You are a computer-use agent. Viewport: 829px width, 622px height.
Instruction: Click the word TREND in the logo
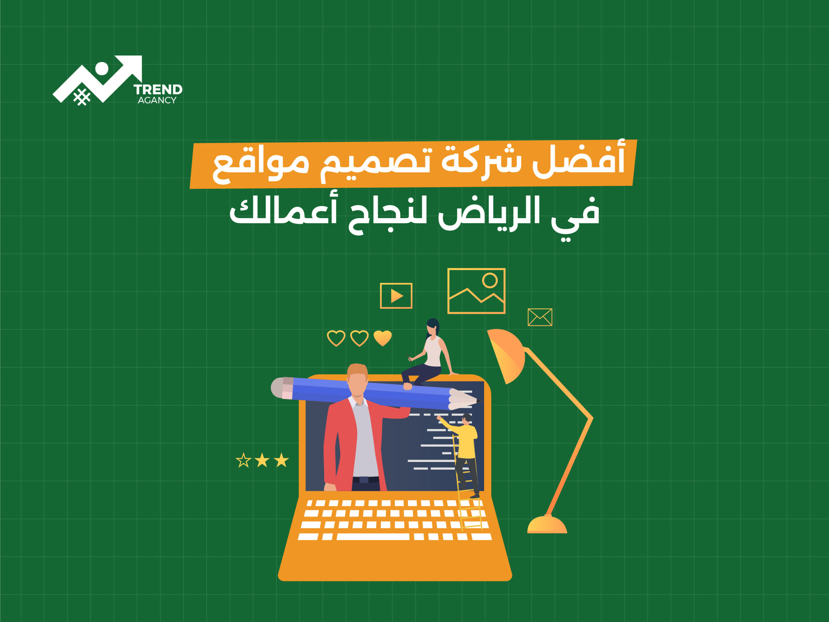pyautogui.click(x=158, y=90)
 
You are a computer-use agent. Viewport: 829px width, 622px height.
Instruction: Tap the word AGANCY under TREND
pyautogui.click(x=157, y=100)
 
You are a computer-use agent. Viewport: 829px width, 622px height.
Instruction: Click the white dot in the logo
pyautogui.click(x=102, y=69)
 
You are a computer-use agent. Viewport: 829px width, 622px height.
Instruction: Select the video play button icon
pyautogui.click(x=396, y=296)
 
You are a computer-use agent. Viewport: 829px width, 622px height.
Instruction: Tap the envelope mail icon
pyautogui.click(x=540, y=317)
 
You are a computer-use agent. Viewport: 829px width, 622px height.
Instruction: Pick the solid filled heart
pyautogui.click(x=383, y=338)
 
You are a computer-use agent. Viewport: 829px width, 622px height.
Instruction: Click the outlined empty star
pyautogui.click(x=243, y=460)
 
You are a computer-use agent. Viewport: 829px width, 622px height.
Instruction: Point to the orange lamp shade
pyautogui.click(x=507, y=354)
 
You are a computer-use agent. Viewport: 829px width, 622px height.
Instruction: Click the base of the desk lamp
pyautogui.click(x=547, y=524)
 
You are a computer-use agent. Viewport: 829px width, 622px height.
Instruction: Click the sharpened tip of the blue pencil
pyautogui.click(x=480, y=401)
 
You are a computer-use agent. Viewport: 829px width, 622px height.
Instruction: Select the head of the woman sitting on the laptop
pyautogui.click(x=433, y=327)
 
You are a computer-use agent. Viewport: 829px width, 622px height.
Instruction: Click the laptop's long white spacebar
pyautogui.click(x=373, y=537)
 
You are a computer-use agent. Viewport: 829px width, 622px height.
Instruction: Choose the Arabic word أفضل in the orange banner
pyautogui.click(x=579, y=160)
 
